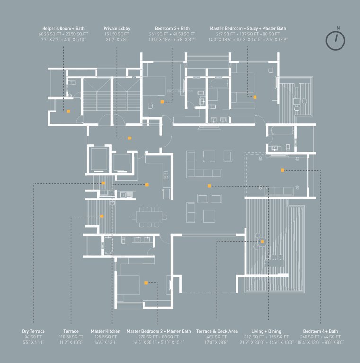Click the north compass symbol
pyautogui.click(x=335, y=40)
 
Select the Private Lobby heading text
pyautogui.click(x=117, y=29)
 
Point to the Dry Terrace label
pyautogui.click(x=33, y=331)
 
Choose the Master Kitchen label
pyautogui.click(x=105, y=331)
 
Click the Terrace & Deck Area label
pyautogui.click(x=217, y=331)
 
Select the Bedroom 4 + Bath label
pyautogui.click(x=320, y=331)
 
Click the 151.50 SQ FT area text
pyautogui.click(x=117, y=35)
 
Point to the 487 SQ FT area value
pyautogui.click(x=217, y=337)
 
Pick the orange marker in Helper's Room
pyautogui.click(x=69, y=111)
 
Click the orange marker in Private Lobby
pyautogui.click(x=129, y=138)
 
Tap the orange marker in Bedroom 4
pyautogui.click(x=282, y=170)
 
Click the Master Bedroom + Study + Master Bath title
pyautogui.click(x=247, y=29)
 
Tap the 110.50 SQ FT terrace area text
pyautogui.click(x=71, y=337)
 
